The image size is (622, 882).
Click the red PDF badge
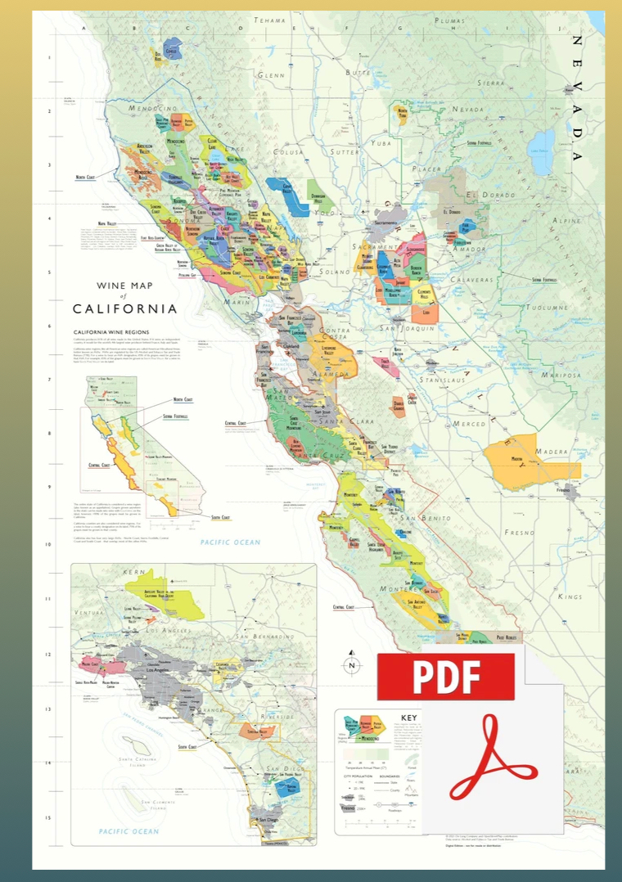click(x=445, y=676)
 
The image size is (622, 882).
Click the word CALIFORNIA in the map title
click(x=124, y=309)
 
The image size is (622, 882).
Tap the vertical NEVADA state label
click(x=579, y=98)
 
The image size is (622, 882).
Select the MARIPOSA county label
click(x=558, y=376)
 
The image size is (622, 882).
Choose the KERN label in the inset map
click(x=133, y=573)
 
